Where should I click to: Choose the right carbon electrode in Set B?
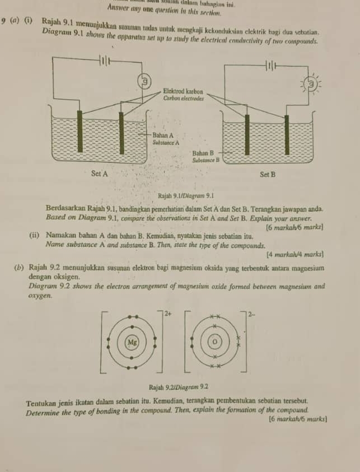click(x=287, y=134)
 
